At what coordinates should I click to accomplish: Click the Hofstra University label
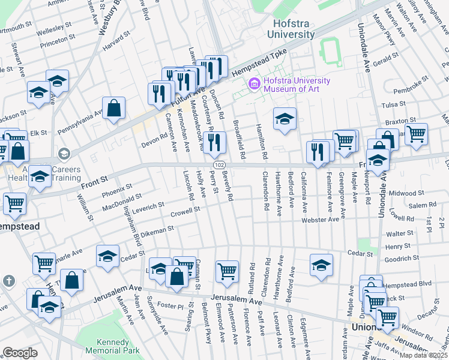293,29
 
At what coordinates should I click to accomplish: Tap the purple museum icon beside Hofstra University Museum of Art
255,82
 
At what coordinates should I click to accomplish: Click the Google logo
20,353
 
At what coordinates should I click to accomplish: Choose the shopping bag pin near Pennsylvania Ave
113,109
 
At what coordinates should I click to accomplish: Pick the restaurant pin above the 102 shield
214,142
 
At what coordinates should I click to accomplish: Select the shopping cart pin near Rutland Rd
227,271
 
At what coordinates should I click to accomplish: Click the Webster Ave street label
320,220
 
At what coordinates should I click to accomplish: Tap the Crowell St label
184,212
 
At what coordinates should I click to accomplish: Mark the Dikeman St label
157,230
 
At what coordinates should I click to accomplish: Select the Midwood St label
406,193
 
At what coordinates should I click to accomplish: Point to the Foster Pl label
170,306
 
